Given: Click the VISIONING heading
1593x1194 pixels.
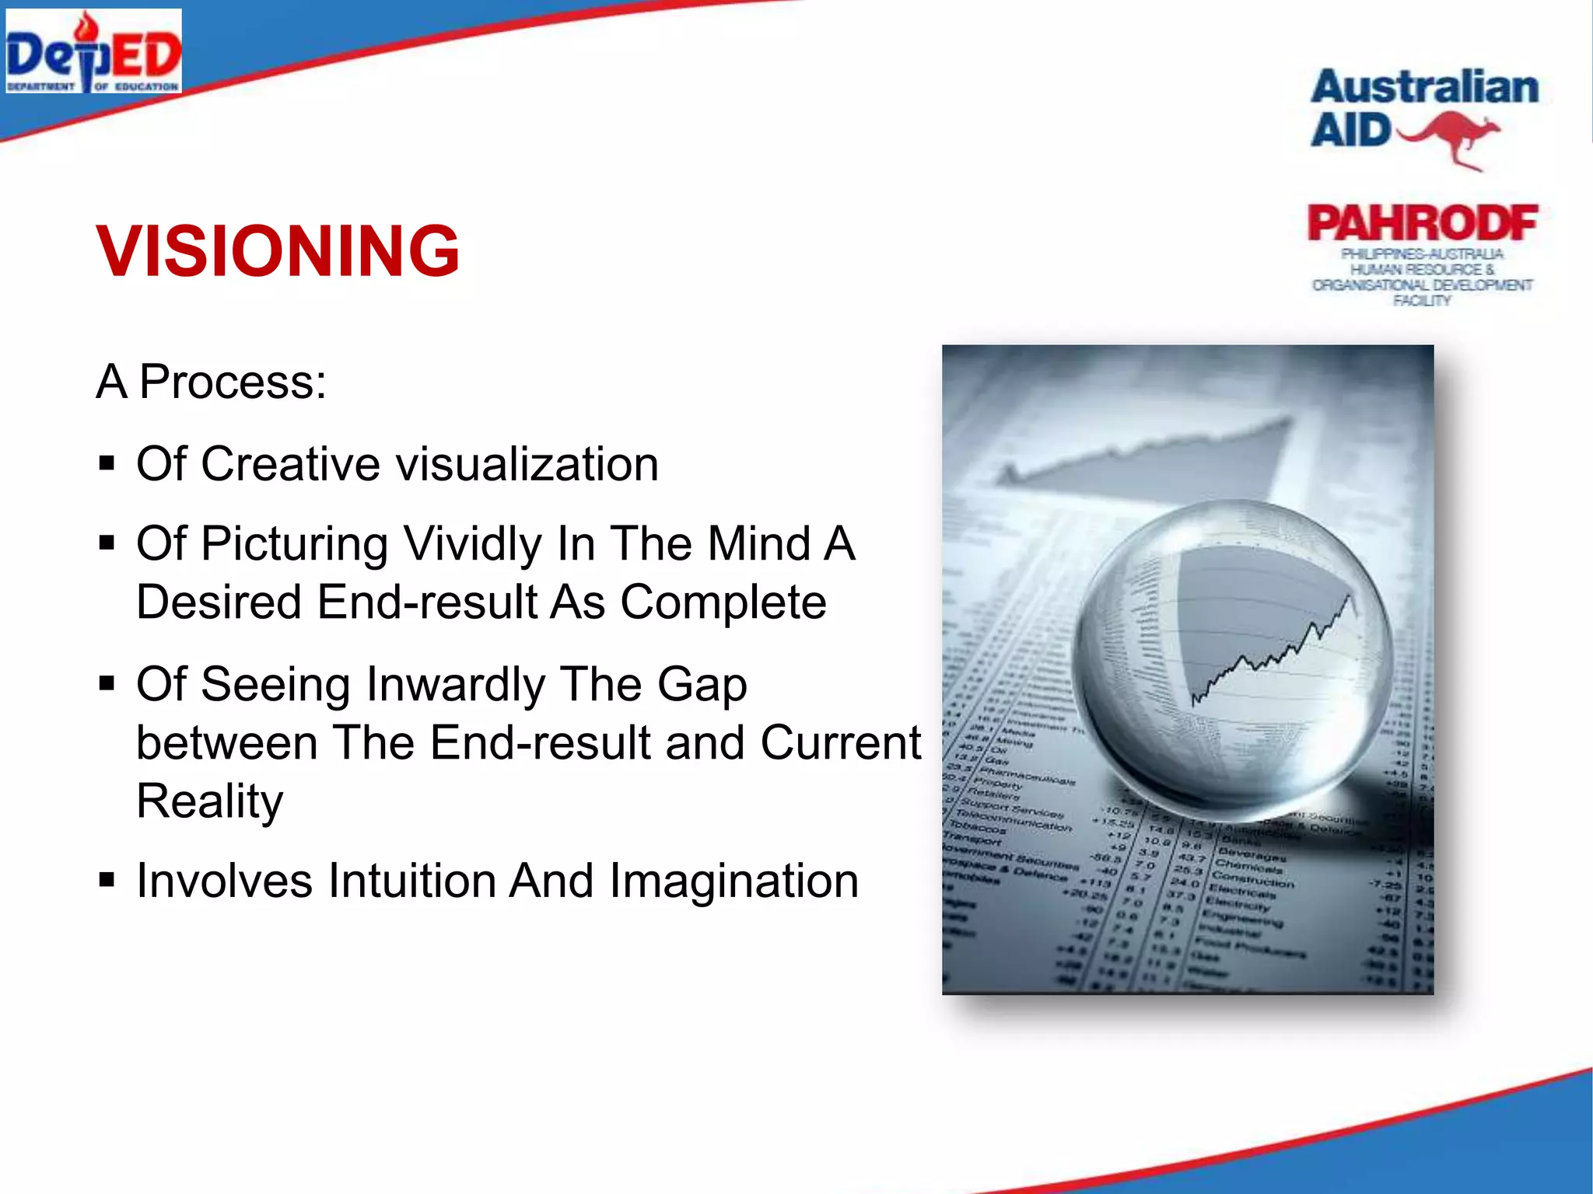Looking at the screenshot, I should tap(278, 250).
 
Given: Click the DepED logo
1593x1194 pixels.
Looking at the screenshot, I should tap(93, 52).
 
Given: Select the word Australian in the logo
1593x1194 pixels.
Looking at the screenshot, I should tap(1424, 87).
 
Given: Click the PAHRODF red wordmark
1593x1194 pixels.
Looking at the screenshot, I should tap(1423, 224).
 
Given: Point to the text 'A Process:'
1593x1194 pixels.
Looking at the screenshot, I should tap(212, 382).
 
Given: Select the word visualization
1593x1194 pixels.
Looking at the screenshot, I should tap(527, 464).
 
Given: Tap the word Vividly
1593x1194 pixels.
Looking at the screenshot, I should tap(473, 543).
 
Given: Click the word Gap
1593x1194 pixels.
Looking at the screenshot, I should tap(702, 685).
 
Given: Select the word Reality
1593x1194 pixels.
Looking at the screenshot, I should tap(210, 801).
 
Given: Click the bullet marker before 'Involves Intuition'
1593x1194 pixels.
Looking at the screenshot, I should tap(107, 880).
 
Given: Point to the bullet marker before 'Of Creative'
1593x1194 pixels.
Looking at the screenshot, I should tap(107, 464).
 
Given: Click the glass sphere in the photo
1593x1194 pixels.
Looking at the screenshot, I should tap(1233, 653).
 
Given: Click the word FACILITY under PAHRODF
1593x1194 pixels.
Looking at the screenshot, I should tap(1422, 301).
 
